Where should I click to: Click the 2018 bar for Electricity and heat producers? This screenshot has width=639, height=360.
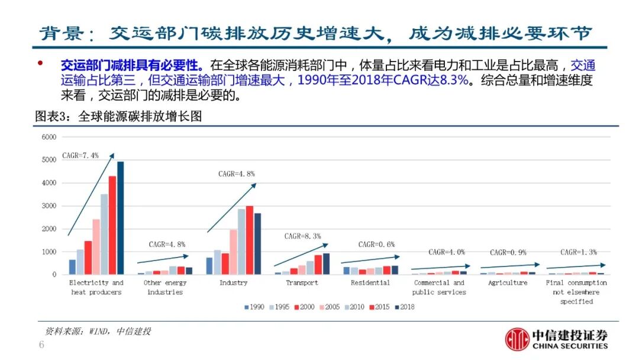[120, 218]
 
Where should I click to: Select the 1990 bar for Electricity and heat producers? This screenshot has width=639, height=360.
[72, 267]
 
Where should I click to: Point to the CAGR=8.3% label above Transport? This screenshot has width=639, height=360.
[302, 236]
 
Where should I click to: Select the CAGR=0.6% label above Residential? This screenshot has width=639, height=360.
[376, 245]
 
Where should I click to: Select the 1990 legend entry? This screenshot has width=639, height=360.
[253, 307]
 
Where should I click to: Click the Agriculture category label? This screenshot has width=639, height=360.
[508, 283]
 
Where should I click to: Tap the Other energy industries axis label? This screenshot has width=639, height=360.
[164, 287]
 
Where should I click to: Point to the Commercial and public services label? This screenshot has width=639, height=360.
[439, 287]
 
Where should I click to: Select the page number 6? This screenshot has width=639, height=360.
[41, 345]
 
